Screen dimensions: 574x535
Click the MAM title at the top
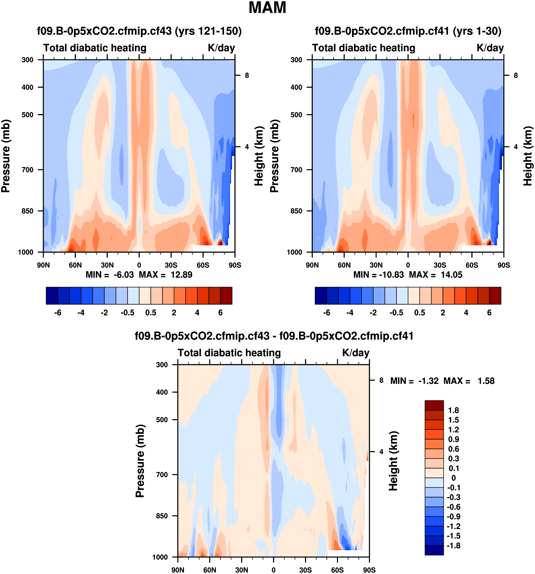[x=267, y=8]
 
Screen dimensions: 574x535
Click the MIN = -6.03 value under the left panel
[x=110, y=275]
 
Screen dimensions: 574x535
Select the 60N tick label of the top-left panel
[x=75, y=265]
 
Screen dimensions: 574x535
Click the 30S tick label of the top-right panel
[x=440, y=265]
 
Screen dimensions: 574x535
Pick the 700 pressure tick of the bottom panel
[x=162, y=474]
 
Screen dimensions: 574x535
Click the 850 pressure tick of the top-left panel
[x=27, y=211]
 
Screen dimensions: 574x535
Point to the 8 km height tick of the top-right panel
[x=516, y=75]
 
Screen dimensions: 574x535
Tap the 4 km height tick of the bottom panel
[x=381, y=452]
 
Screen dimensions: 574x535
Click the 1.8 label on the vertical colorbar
[x=453, y=410]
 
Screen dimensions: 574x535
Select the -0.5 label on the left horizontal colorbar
[x=127, y=313]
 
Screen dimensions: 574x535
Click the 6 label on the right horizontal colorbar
[x=489, y=313]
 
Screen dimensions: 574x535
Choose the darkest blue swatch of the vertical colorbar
[x=434, y=550]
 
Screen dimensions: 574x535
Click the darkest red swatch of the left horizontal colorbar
[x=226, y=295]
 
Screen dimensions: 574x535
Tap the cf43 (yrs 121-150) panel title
[x=139, y=31]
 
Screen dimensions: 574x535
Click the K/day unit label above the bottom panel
[x=356, y=353]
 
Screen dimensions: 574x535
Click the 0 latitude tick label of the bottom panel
[x=273, y=570]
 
